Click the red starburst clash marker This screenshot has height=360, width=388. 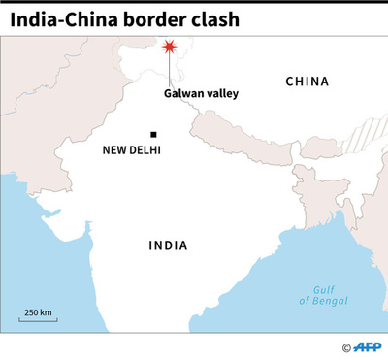170,47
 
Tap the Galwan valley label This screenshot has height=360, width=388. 201,94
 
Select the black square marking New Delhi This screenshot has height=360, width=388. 152,134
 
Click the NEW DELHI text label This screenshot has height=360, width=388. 131,150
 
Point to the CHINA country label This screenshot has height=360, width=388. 307,82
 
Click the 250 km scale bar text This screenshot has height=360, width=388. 38,312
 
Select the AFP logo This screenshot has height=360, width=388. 369,347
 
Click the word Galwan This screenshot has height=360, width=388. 184,94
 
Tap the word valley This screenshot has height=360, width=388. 223,94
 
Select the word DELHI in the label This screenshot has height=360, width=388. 144,150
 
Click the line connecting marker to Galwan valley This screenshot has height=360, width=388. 170,70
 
